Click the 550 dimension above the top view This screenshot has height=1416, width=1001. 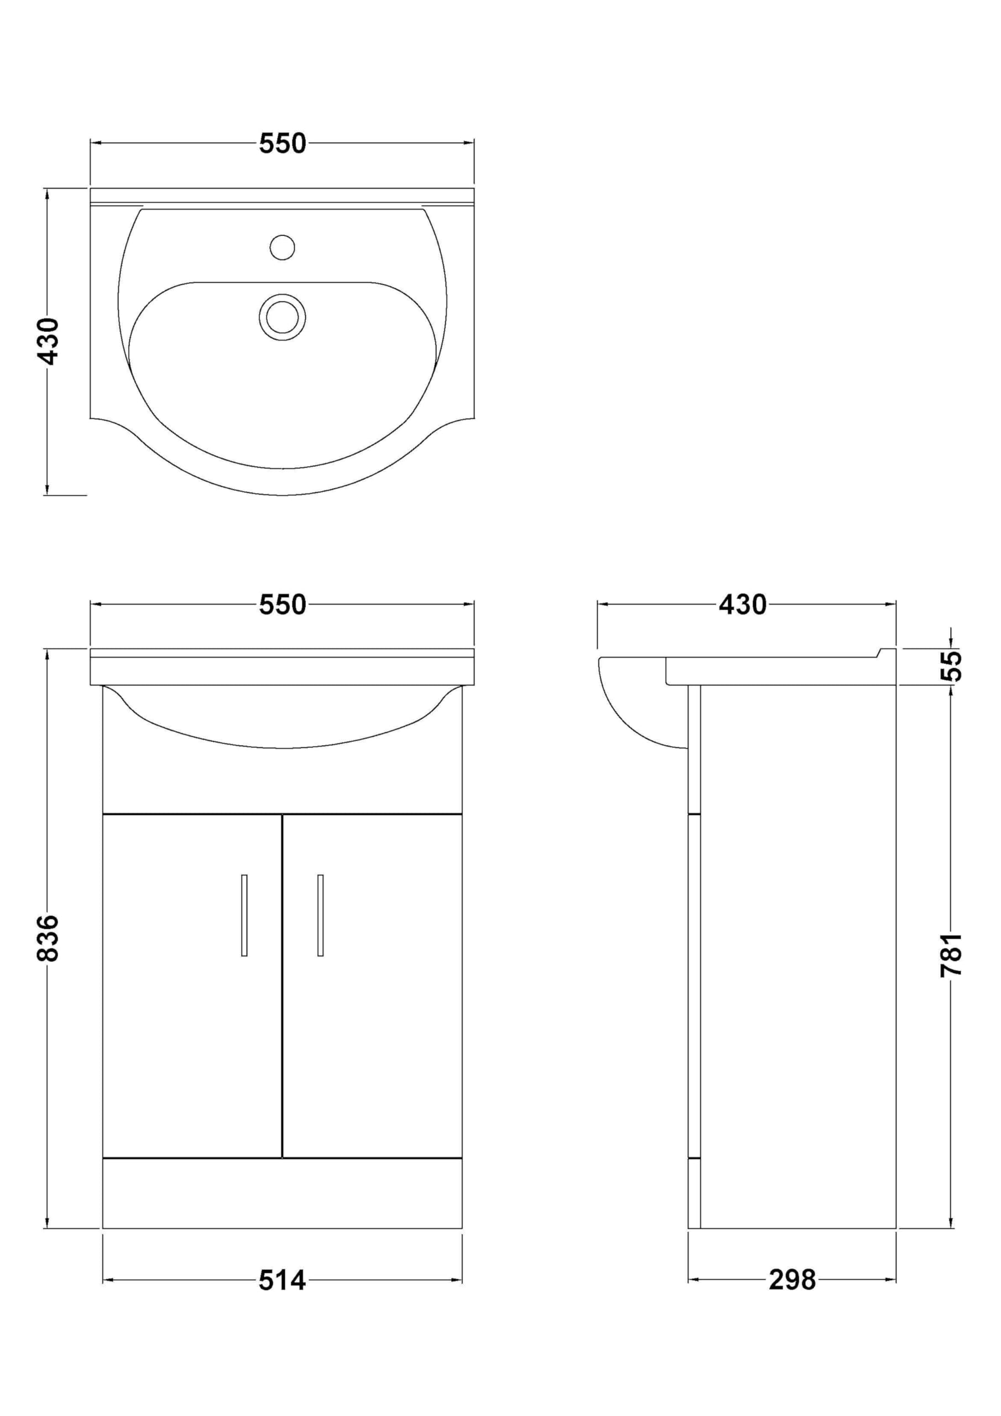tap(282, 144)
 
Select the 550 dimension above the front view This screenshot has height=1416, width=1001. tap(282, 605)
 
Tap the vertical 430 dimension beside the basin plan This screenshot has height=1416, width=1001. tap(48, 342)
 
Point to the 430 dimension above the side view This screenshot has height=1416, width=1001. tap(743, 605)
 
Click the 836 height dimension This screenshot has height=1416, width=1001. tap(48, 938)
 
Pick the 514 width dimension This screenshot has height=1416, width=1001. tap(282, 1281)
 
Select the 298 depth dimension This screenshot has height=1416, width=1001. tap(792, 1281)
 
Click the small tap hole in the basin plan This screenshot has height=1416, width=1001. tap(283, 248)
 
